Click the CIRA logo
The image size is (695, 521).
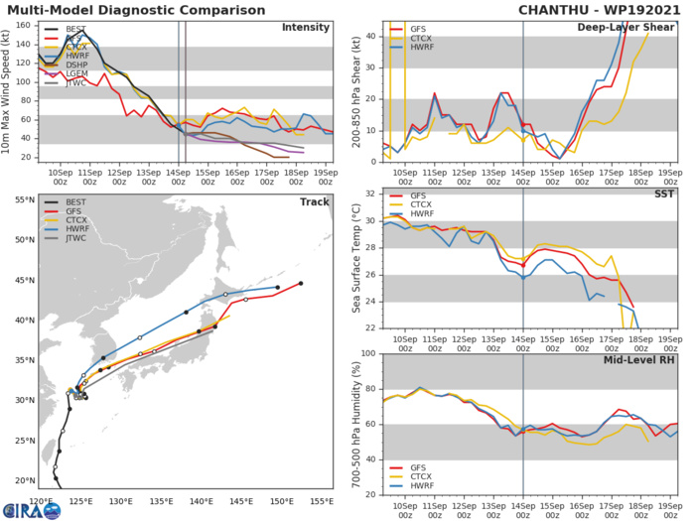click(26, 509)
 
